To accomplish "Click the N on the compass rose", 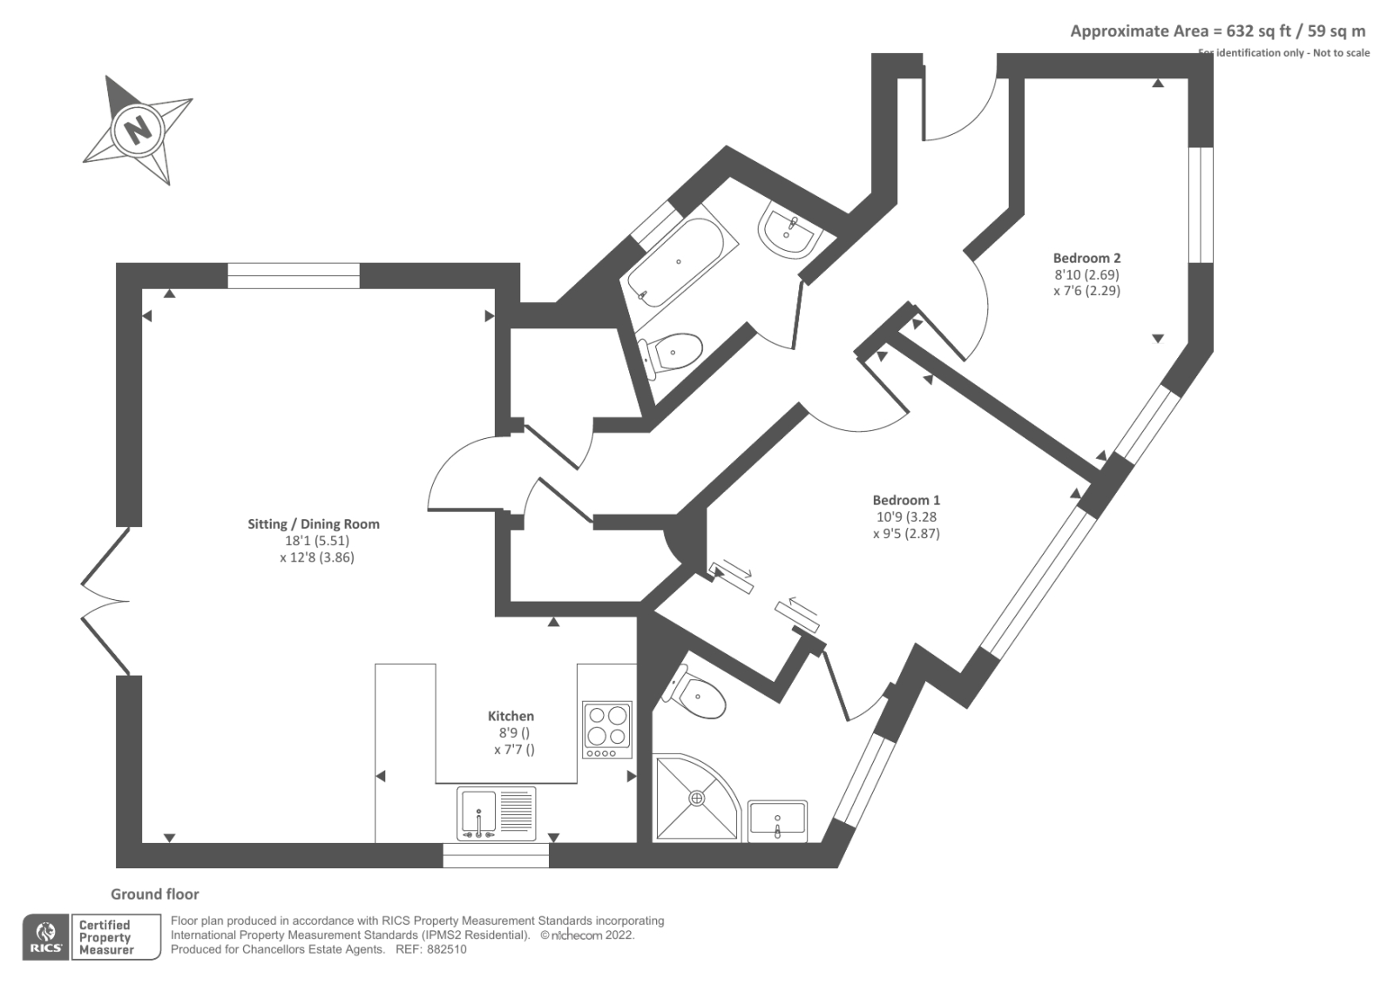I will click(137, 131).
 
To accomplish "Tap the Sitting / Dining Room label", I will click(314, 523).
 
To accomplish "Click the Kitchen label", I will click(511, 716).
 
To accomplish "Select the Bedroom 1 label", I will click(906, 500).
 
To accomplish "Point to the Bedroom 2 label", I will click(1086, 258).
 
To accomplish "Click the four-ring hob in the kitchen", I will click(606, 727).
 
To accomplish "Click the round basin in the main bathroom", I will click(789, 231).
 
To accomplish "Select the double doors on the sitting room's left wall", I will click(103, 601).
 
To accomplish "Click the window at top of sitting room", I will click(294, 275).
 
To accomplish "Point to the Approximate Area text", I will click(1217, 31).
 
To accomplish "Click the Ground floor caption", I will click(154, 894).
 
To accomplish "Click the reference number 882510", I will click(446, 949).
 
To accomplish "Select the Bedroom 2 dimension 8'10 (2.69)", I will click(1086, 274).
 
